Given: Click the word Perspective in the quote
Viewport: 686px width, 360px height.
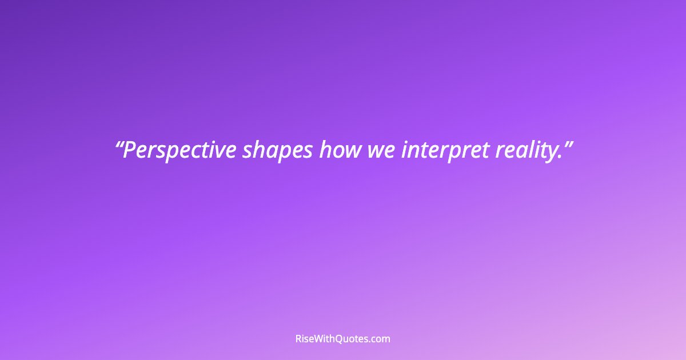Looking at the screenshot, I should tap(180, 150).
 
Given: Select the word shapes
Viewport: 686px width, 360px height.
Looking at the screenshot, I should tap(277, 150).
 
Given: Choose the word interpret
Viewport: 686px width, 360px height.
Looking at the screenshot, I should tap(443, 150).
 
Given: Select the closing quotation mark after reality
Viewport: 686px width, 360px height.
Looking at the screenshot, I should tap(567, 143).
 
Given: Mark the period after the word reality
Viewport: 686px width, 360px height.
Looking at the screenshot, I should tap(559, 157).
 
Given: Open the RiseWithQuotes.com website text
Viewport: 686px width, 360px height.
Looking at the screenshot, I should tap(343, 339).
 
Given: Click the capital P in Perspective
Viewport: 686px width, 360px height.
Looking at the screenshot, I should tap(129, 150).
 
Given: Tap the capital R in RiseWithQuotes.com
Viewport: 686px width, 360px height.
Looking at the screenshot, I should tap(298, 339).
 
